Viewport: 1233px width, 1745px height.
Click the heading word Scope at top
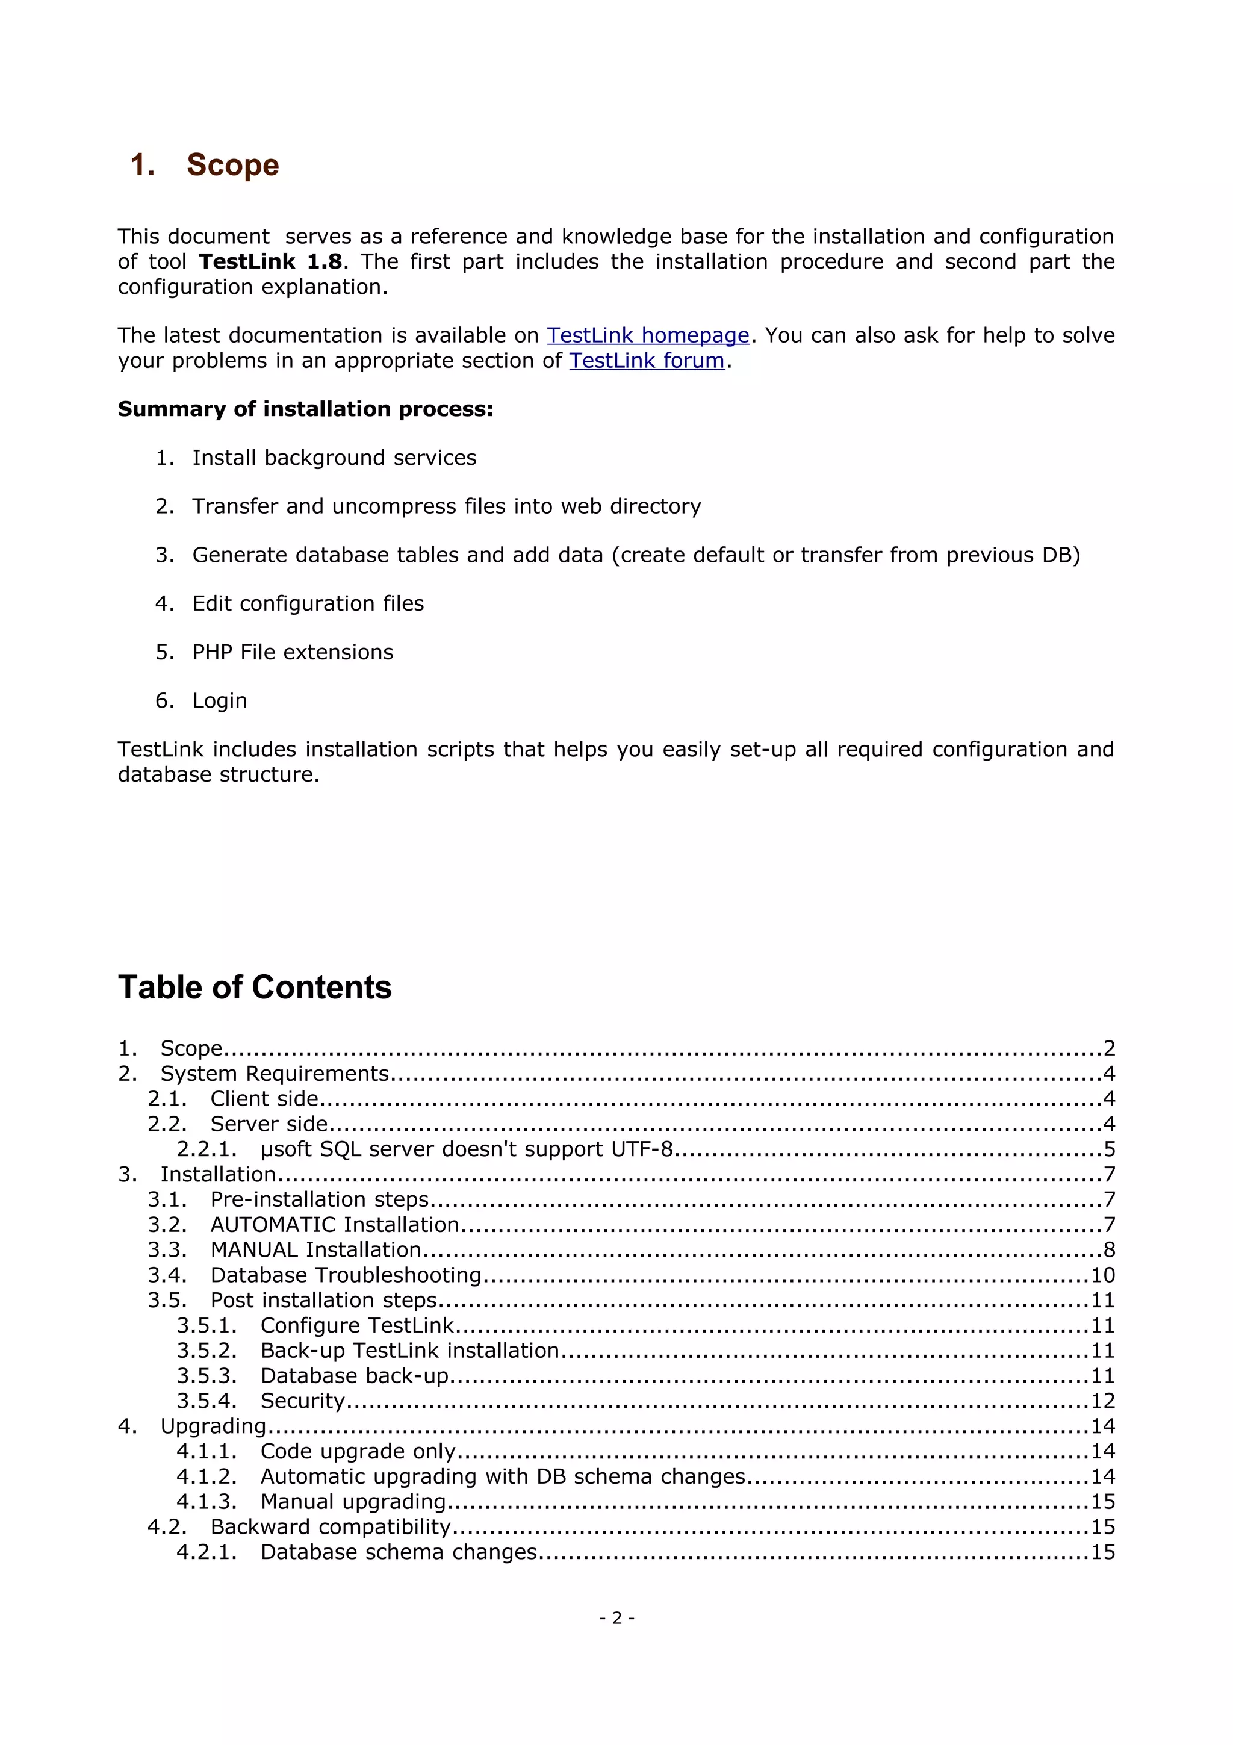[x=232, y=165]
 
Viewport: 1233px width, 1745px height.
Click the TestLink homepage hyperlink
[x=648, y=335]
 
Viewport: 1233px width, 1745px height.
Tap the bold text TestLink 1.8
[x=270, y=261]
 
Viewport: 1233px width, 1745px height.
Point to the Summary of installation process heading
[x=305, y=409]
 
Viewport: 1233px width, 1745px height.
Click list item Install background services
[x=334, y=458]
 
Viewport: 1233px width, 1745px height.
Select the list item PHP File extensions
[x=293, y=652]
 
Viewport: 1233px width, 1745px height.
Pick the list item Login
[x=220, y=701]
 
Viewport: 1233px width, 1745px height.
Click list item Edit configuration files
[x=308, y=603]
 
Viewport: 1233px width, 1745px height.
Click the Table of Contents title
[x=255, y=988]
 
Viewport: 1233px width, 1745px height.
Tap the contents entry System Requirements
[x=275, y=1073]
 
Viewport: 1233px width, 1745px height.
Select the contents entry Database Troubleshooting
[x=346, y=1275]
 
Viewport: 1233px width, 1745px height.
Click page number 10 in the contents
[x=1102, y=1275]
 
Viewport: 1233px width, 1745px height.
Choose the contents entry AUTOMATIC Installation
[x=334, y=1224]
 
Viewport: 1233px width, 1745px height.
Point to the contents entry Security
[x=302, y=1401]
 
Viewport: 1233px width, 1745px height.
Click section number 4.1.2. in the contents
[x=207, y=1476]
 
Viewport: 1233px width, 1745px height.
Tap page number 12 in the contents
[x=1102, y=1401]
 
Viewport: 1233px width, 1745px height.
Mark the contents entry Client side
[x=264, y=1098]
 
